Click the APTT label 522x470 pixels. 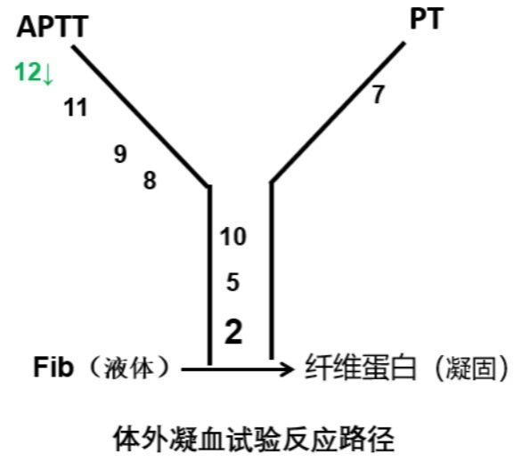click(53, 27)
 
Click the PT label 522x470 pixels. click(427, 19)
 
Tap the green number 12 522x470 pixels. click(28, 72)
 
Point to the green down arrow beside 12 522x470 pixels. click(47, 74)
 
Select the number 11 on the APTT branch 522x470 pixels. click(76, 107)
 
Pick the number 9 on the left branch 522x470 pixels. click(120, 154)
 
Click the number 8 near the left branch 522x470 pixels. click(150, 181)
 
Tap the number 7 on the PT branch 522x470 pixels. click(379, 94)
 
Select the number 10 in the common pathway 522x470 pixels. click(233, 237)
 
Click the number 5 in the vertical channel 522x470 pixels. click(232, 282)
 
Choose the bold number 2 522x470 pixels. click(233, 331)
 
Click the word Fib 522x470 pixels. click(53, 367)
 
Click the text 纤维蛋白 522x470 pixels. click(361, 368)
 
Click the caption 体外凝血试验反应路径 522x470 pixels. click(255, 439)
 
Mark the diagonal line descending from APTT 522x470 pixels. click(141, 116)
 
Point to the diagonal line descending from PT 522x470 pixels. click(338, 112)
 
